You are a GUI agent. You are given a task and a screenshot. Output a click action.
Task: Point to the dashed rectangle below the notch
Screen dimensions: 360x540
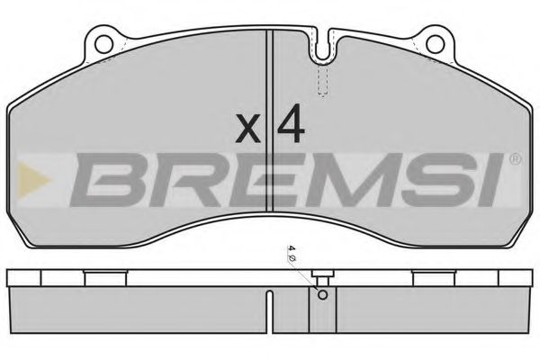(322, 83)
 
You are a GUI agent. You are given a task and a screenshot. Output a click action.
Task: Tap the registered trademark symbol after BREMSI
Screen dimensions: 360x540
(515, 160)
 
